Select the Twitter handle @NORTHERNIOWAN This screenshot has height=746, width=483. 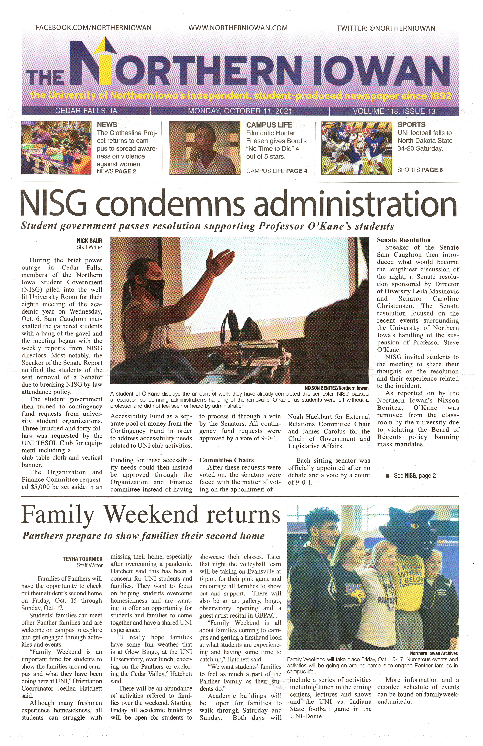click(x=386, y=28)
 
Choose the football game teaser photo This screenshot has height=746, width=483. click(x=357, y=148)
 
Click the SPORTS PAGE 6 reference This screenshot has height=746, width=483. click(x=420, y=170)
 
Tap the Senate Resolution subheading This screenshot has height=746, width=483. click(x=404, y=240)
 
